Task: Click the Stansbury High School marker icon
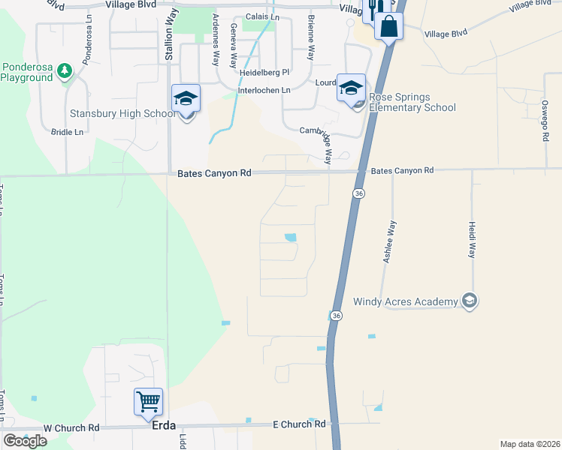pyautogui.click(x=186, y=99)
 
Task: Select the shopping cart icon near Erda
pyautogui.click(x=149, y=401)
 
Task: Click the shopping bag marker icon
pyautogui.click(x=389, y=26)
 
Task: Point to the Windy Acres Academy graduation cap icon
pyautogui.click(x=470, y=301)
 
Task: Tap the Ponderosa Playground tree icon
pyautogui.click(x=65, y=70)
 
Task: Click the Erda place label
pyautogui.click(x=164, y=425)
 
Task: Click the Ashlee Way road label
pyautogui.click(x=388, y=241)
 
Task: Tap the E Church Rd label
pyautogui.click(x=299, y=424)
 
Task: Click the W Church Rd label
pyautogui.click(x=71, y=428)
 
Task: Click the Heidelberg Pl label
pyautogui.click(x=264, y=73)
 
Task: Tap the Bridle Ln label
pyautogui.click(x=67, y=132)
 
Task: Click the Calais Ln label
pyautogui.click(x=262, y=16)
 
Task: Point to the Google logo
pyautogui.click(x=25, y=441)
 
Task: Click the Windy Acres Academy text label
pyautogui.click(x=406, y=301)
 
